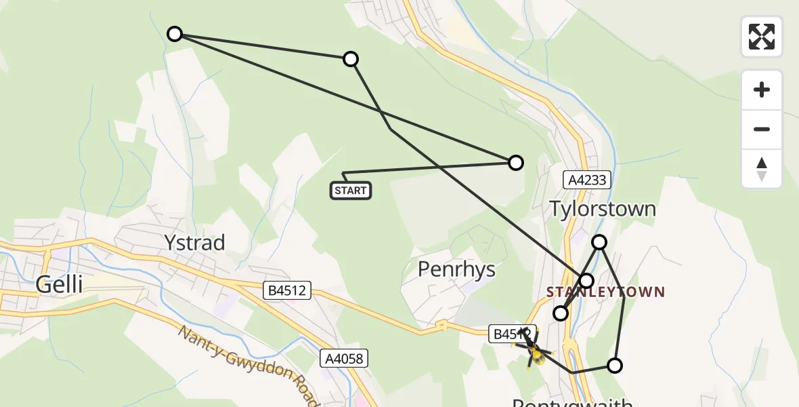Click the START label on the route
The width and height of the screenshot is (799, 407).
click(x=351, y=191)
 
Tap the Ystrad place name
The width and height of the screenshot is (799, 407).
click(x=194, y=243)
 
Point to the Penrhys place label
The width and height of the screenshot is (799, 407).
click(x=456, y=269)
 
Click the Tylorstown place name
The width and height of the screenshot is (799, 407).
click(x=602, y=208)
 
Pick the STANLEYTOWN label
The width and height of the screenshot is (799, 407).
click(x=605, y=292)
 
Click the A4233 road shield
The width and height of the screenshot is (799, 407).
click(x=587, y=180)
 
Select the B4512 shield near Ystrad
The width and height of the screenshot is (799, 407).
click(x=287, y=291)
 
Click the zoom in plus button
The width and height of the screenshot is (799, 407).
click(x=762, y=90)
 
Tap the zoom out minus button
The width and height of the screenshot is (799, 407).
click(x=762, y=129)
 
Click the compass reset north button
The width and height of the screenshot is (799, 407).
click(x=762, y=169)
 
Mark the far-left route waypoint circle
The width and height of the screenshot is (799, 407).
click(x=175, y=34)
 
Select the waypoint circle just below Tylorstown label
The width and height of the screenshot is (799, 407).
click(x=599, y=242)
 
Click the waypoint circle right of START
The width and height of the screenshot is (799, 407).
click(x=516, y=162)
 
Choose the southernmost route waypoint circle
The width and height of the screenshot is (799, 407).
click(x=614, y=366)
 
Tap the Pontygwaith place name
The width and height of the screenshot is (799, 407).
click(x=572, y=402)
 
